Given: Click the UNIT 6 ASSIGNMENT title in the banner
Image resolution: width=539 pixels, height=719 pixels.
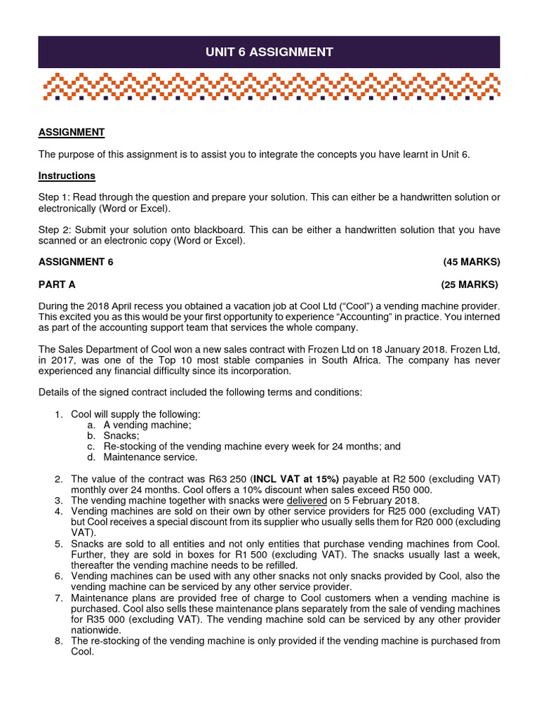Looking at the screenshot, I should (269, 52).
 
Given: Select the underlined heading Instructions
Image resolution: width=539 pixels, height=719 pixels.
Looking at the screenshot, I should (67, 176).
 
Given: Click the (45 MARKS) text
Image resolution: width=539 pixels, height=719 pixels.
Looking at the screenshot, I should (471, 262).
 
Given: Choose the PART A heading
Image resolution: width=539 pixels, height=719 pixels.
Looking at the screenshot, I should (57, 284).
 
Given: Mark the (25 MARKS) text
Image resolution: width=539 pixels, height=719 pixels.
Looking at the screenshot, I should (470, 284).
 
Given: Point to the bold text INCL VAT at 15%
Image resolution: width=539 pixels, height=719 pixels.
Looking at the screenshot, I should (295, 479).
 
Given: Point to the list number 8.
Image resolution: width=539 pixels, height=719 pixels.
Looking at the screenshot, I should (58, 641).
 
